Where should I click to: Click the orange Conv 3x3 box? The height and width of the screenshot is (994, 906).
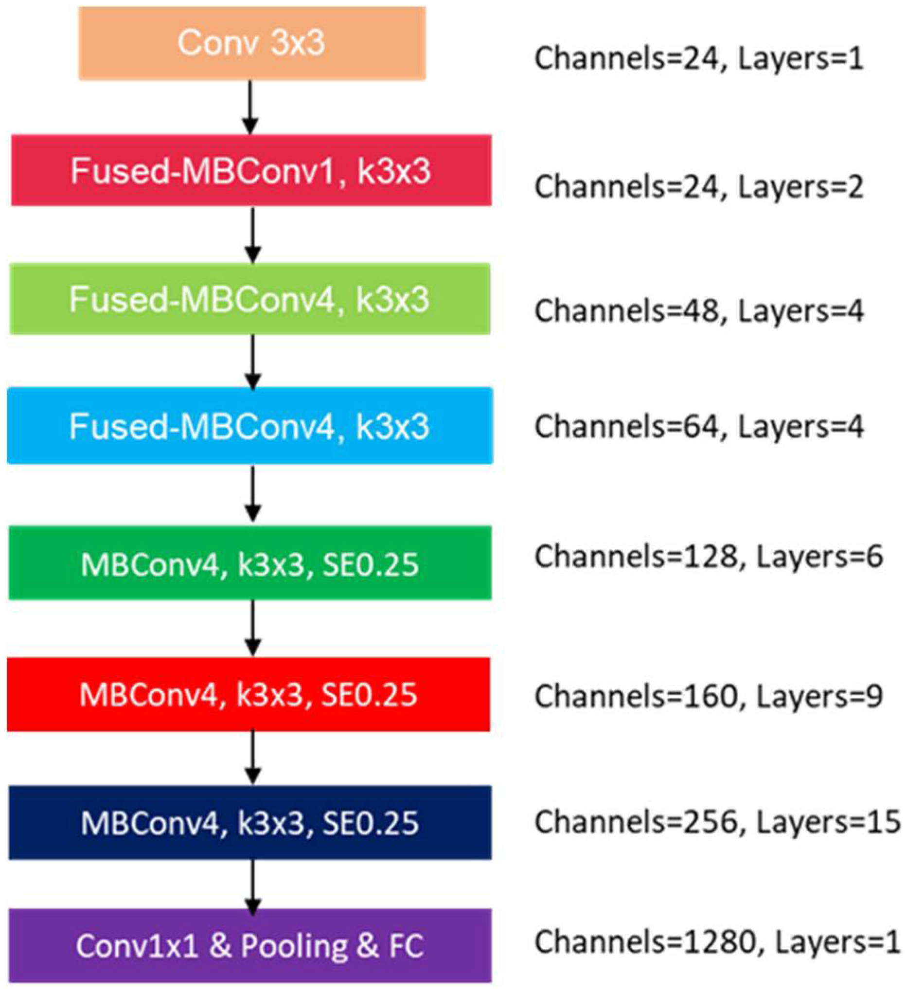[252, 43]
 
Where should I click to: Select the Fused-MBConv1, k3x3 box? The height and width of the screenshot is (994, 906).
[251, 170]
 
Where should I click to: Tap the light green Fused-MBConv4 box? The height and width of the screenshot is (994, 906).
[249, 299]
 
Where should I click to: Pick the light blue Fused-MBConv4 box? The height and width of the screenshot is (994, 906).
[249, 426]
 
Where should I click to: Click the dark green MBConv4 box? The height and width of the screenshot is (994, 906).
[249, 563]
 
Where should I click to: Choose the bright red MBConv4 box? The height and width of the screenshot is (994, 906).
[249, 694]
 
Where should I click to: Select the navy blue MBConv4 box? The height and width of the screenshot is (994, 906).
[249, 822]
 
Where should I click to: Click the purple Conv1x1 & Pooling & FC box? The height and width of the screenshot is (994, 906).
[249, 946]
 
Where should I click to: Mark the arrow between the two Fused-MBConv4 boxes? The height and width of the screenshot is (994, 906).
[253, 361]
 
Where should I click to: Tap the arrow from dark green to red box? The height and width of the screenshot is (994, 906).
[253, 628]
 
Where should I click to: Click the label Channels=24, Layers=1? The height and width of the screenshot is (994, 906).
[699, 59]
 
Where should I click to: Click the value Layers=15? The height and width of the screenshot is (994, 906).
[828, 822]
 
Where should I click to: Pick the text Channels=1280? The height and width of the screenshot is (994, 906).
[645, 942]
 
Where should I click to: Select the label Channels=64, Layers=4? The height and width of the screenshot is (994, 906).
[699, 427]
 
